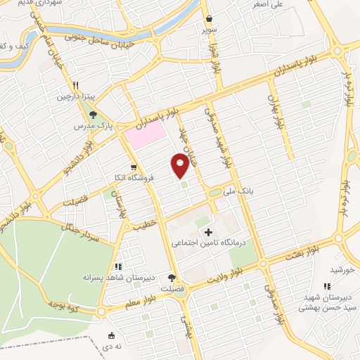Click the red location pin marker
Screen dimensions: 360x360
[180, 165]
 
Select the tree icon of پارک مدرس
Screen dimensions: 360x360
[93, 113]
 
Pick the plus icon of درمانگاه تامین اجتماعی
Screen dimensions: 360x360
[207, 231]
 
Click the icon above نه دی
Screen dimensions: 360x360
[112, 335]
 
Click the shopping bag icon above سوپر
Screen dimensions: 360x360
[210, 20]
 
